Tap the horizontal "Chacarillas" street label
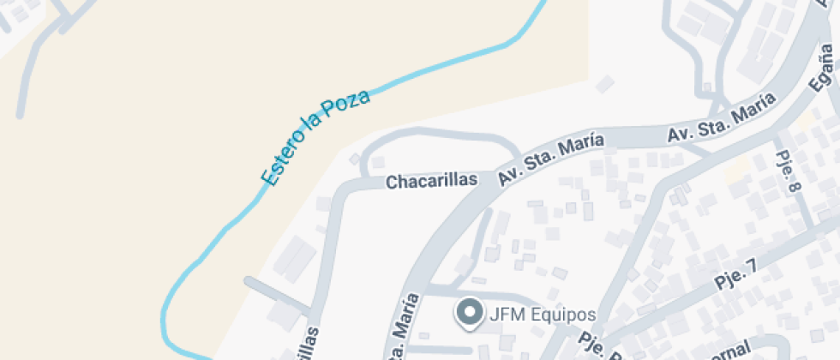tap(430, 182)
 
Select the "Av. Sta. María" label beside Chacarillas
tap(550, 159)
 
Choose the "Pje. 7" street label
tap(735, 277)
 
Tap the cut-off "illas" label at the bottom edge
tap(309, 343)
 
